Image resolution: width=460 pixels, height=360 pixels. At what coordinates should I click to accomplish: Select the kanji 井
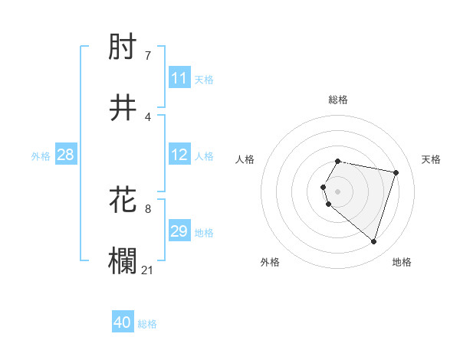click(123, 108)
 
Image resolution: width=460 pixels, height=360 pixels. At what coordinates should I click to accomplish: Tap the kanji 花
click(123, 200)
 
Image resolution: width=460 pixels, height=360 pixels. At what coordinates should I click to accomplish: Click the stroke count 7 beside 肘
click(147, 56)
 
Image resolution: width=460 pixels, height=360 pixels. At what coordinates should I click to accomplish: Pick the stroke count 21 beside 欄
click(148, 270)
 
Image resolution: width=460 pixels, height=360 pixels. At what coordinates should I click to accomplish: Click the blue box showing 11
click(179, 78)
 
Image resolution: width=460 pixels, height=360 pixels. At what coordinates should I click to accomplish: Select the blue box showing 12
click(179, 155)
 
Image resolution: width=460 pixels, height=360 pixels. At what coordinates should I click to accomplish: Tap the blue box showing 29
click(179, 231)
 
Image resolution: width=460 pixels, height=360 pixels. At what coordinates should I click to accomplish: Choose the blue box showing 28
click(65, 155)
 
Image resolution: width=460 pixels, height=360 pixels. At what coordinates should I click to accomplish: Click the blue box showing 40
click(123, 322)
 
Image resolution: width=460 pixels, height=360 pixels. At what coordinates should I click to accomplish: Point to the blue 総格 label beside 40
click(147, 324)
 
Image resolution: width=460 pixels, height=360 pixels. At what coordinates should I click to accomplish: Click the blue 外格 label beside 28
click(41, 156)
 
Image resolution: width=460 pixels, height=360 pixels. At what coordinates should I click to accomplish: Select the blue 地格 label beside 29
click(204, 233)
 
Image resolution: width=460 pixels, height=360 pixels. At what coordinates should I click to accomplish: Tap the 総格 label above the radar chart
click(338, 100)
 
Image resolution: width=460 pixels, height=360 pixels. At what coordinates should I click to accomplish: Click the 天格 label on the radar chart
click(431, 159)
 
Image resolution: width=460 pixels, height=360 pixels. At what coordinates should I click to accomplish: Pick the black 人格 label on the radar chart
click(245, 159)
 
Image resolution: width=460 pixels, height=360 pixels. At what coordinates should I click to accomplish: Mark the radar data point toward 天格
click(396, 172)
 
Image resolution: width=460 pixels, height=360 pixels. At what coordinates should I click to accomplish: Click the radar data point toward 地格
click(373, 241)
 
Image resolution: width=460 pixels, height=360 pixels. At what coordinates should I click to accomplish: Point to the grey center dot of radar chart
click(338, 191)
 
